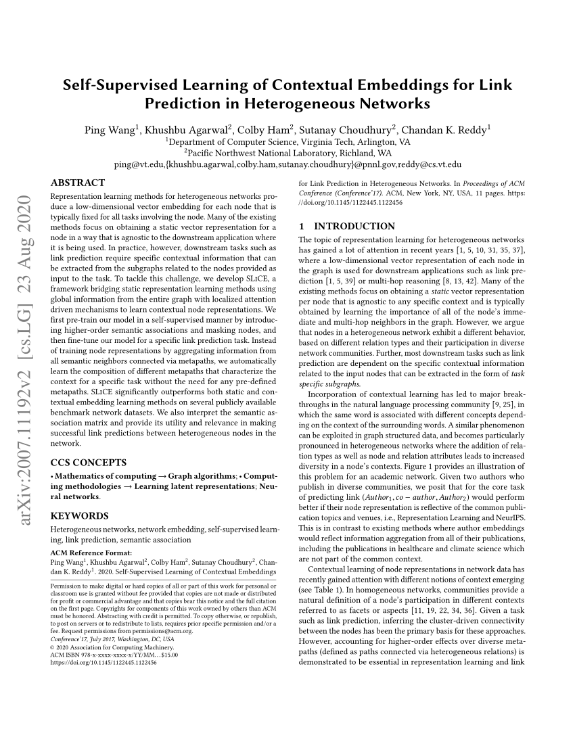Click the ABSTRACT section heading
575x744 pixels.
(x=78, y=183)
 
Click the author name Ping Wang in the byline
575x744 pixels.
(x=111, y=130)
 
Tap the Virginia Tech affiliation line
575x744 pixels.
(x=287, y=142)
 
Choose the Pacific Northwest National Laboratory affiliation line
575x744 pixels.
(x=287, y=153)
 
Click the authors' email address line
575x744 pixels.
(x=287, y=164)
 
